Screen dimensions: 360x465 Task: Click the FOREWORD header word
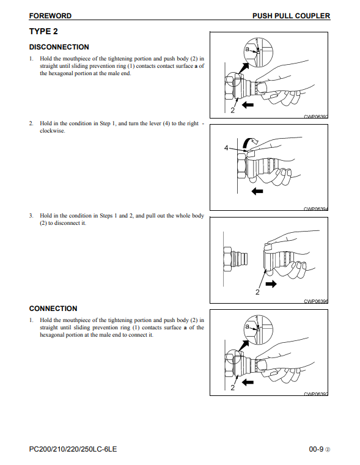[x=50, y=16]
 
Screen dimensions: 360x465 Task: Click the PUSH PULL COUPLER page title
[x=291, y=16]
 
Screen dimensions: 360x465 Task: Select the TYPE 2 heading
[x=43, y=31]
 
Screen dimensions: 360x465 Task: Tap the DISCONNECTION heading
[x=59, y=47]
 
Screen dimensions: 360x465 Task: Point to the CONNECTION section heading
[x=53, y=309]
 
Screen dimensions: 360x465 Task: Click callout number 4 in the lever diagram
[x=226, y=148]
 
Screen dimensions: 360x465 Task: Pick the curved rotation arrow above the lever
[x=249, y=142]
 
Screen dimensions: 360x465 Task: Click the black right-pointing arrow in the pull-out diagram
[x=271, y=284]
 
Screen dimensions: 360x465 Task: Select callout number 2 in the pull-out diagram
[x=257, y=292]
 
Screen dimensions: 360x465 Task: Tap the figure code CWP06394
[x=316, y=209]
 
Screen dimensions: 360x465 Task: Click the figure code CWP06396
[x=316, y=301]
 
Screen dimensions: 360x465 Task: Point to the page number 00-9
[x=316, y=449]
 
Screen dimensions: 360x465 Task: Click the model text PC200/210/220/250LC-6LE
[x=73, y=449]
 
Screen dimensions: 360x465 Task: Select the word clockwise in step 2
[x=52, y=131]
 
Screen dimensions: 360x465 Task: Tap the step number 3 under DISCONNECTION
[x=31, y=216]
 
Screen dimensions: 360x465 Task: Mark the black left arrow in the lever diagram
[x=257, y=191]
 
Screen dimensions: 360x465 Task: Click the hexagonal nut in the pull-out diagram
[x=228, y=259]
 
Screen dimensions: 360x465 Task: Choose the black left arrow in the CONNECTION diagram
[x=248, y=383]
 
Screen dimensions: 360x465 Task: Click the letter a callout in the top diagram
[x=247, y=49]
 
